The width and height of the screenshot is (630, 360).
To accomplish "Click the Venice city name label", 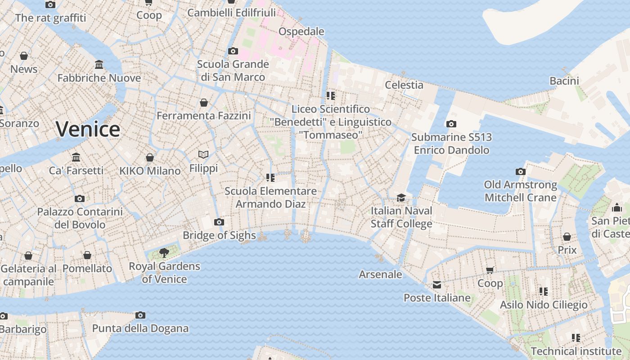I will pyautogui.click(x=88, y=129).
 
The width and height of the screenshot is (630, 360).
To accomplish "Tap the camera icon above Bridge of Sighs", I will pyautogui.click(x=219, y=222).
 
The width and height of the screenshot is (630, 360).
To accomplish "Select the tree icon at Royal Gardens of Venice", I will pyautogui.click(x=164, y=252).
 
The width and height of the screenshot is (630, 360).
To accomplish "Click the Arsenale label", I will pyautogui.click(x=380, y=274).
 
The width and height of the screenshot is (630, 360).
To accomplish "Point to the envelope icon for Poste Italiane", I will pyautogui.click(x=437, y=284).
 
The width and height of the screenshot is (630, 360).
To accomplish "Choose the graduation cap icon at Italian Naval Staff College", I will pyautogui.click(x=401, y=198).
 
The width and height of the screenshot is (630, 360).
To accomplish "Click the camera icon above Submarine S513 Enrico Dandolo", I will pyautogui.click(x=451, y=124).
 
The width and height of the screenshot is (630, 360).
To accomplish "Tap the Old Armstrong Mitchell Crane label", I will pyautogui.click(x=521, y=191).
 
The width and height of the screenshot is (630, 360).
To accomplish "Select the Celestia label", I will pyautogui.click(x=404, y=85).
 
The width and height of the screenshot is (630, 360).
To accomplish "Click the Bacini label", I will pyautogui.click(x=564, y=81).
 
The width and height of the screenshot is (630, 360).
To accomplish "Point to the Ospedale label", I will pyautogui.click(x=301, y=31).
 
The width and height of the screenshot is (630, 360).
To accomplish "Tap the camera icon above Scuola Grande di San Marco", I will pyautogui.click(x=233, y=51).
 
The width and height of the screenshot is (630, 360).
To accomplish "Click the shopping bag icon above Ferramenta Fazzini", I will pyautogui.click(x=204, y=103).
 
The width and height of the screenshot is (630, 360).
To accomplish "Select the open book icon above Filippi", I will pyautogui.click(x=203, y=155).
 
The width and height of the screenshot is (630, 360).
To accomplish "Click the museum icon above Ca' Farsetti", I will pyautogui.click(x=76, y=157).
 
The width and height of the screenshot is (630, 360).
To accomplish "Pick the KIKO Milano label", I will pyautogui.click(x=150, y=171).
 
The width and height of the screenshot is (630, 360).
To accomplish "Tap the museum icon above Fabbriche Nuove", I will pyautogui.click(x=99, y=65).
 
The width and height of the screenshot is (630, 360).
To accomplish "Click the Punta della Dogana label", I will pyautogui.click(x=140, y=328).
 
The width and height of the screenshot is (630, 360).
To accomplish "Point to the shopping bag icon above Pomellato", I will pyautogui.click(x=87, y=255).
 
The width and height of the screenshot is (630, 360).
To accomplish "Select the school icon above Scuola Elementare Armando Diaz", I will pyautogui.click(x=270, y=178).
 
